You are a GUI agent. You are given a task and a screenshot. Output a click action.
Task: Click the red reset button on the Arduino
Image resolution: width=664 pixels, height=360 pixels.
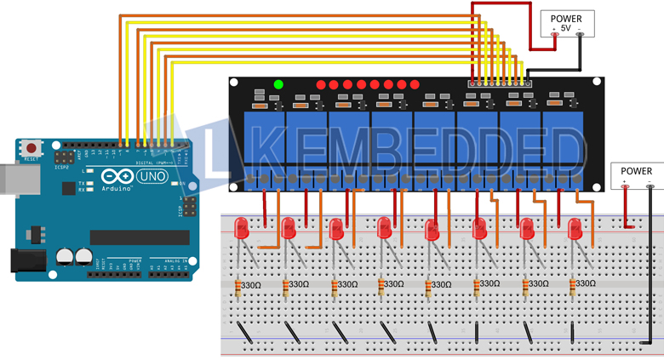pos(31,148)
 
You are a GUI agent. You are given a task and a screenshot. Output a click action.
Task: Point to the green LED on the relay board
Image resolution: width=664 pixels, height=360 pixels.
pos(278,84)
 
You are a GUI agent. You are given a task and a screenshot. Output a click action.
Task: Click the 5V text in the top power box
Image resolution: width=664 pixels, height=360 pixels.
pos(565,28)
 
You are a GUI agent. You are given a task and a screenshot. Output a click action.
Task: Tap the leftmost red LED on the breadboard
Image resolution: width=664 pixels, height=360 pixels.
pos(242,228)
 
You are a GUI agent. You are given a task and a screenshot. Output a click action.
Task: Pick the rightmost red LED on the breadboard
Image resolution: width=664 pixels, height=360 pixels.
pos(575,228)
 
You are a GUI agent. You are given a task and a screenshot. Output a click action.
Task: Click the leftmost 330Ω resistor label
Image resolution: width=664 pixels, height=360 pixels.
pos(250,285)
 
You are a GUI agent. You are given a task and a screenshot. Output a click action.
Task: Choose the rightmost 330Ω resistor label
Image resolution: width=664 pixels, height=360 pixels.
pos(585,283)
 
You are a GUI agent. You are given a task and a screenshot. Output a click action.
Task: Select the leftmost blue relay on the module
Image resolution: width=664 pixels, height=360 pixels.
pos(264,136)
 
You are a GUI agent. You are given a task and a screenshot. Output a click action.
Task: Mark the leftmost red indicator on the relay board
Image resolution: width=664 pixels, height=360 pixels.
pos(321,85)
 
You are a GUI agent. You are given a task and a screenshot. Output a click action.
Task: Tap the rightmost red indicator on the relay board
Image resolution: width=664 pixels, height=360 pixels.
pos(415,85)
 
